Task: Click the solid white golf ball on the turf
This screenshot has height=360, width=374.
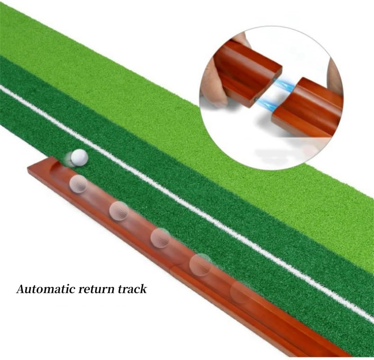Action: pos(79,157)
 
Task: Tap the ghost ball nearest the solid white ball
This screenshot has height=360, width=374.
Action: pos(78,183)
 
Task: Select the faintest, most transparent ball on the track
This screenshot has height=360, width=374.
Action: pos(240,292)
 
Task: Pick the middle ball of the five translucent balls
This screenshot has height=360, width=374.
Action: pos(160,237)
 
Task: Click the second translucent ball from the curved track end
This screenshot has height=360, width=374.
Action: pos(119,210)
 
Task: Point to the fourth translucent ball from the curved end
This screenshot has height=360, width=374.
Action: pos(200,264)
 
